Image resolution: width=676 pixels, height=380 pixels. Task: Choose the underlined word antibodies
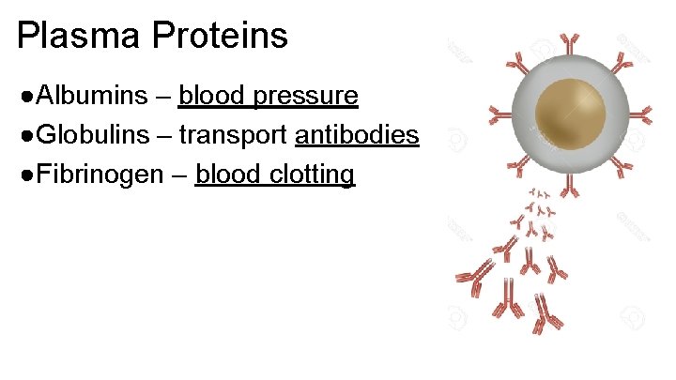click(x=357, y=135)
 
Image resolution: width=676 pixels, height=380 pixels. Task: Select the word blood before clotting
click(x=225, y=175)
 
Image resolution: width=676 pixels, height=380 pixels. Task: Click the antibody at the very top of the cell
click(x=570, y=41)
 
